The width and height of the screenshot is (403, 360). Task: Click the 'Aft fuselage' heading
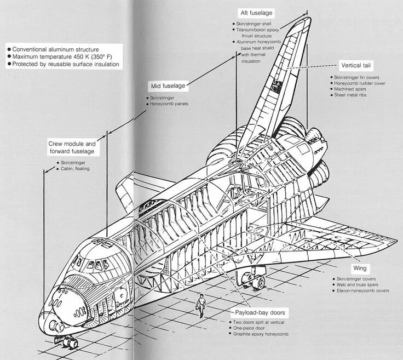click(256, 13)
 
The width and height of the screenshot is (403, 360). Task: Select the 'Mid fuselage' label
click(168, 86)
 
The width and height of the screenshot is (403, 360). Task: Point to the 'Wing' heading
click(360, 268)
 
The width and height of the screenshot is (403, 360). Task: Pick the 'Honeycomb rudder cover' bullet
click(357, 83)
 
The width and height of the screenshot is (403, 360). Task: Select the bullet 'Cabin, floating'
click(75, 169)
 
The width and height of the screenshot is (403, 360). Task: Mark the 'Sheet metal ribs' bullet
click(350, 95)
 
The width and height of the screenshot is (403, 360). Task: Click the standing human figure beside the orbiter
click(201, 305)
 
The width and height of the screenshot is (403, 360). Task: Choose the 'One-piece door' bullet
click(249, 328)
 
